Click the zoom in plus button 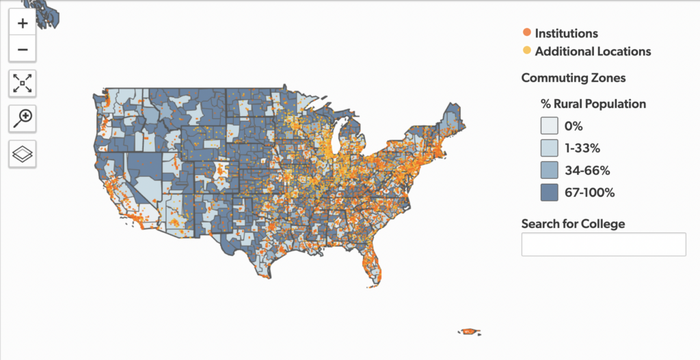pos(23,23)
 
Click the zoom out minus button pos(23,49)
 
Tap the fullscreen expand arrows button pos(23,84)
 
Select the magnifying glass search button pos(23,118)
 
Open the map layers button pos(23,154)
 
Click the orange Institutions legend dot pos(526,33)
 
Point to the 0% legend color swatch pos(550,126)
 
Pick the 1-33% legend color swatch pos(550,148)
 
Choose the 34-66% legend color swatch pos(550,170)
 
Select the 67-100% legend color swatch pos(550,193)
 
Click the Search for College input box pos(603,245)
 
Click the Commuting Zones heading pos(573,78)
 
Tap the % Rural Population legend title pos(593,104)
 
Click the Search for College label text pos(573,224)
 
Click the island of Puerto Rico pos(469,331)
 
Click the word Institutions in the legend pos(566,33)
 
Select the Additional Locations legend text pos(593,51)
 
